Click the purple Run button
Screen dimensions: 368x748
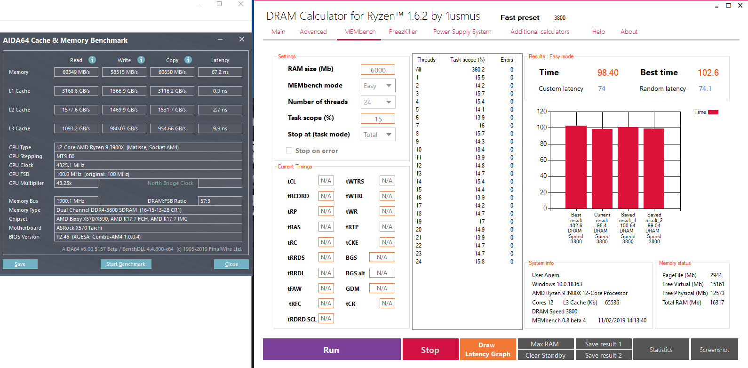point(332,350)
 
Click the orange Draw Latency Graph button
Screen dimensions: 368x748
point(488,350)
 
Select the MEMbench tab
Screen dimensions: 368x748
point(360,32)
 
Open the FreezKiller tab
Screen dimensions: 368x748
point(403,32)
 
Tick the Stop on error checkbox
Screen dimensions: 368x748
point(289,151)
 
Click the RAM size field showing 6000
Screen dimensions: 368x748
point(378,70)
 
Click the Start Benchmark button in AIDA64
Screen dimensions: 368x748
point(126,264)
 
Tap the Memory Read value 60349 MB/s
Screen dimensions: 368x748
point(76,72)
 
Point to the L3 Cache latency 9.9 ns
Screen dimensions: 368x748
point(220,128)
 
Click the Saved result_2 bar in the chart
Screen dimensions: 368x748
point(654,168)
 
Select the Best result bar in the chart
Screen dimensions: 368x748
point(576,167)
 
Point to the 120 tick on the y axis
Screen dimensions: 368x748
point(542,112)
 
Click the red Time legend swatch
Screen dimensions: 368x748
point(713,112)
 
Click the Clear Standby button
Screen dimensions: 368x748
point(545,355)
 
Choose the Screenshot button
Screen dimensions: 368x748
point(714,350)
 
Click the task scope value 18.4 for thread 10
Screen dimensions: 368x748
point(479,150)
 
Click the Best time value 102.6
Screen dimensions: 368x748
point(708,72)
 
